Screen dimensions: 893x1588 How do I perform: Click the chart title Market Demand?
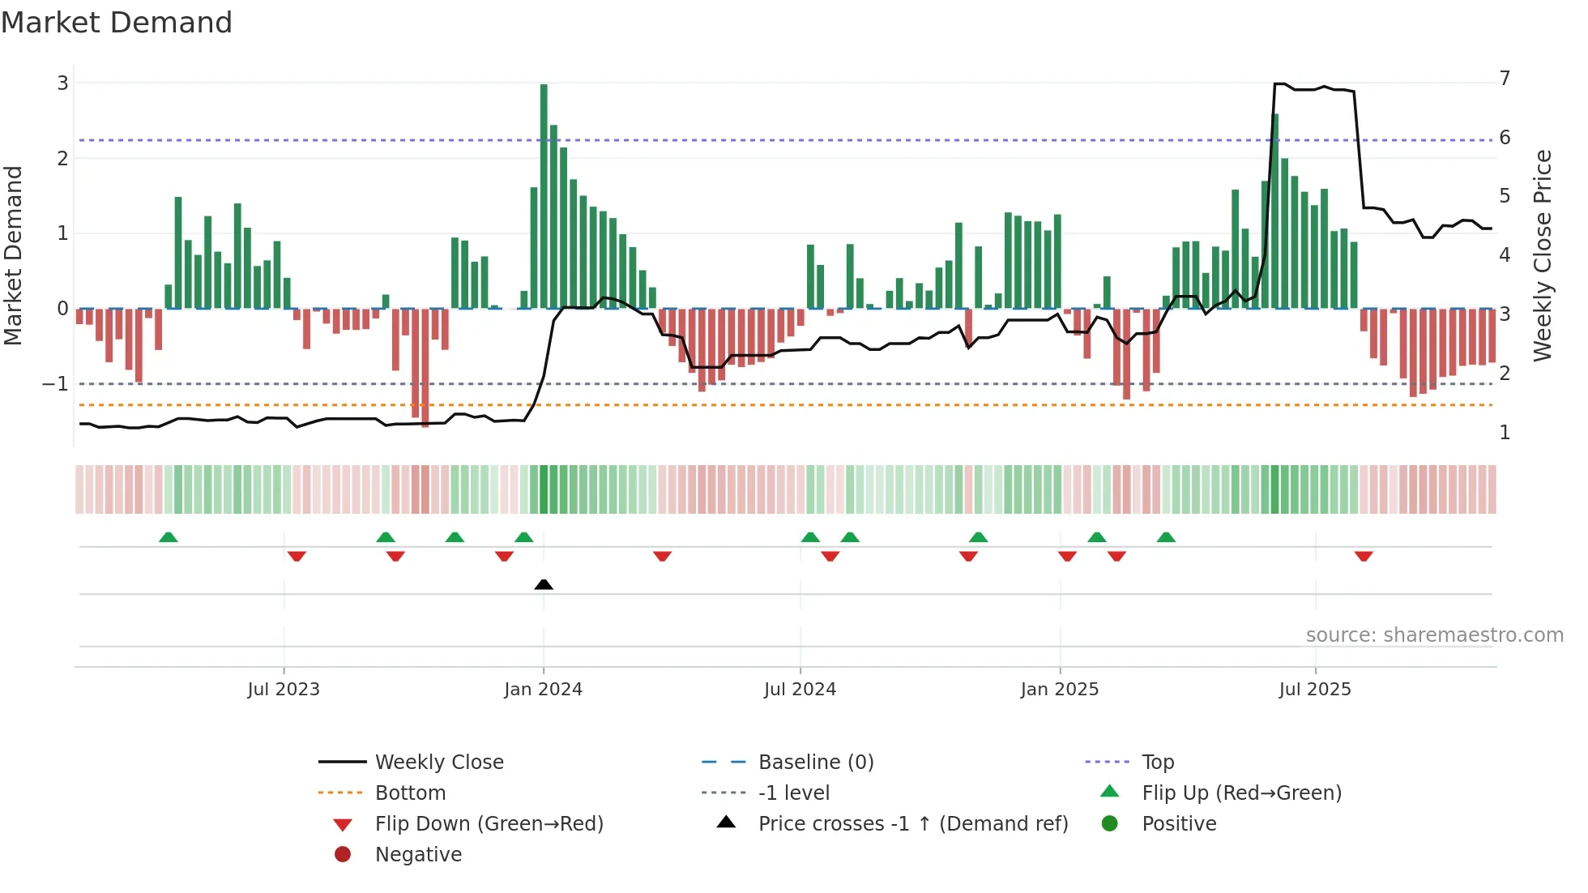pos(117,23)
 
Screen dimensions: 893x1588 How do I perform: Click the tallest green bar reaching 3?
pos(544,194)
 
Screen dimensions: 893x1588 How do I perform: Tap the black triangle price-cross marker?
pos(544,584)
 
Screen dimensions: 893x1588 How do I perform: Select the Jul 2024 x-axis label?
pos(800,690)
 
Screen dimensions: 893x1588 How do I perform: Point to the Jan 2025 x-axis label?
pos(1059,690)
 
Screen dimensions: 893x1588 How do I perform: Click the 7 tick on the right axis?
pos(1505,79)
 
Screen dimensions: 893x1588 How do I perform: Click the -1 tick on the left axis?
pos(55,384)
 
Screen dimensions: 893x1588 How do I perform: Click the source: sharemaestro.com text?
pos(1434,635)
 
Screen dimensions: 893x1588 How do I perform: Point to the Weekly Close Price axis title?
pos(1543,255)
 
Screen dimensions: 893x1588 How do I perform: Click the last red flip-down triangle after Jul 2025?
pos(1364,557)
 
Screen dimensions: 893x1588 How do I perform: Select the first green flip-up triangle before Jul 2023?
pos(168,537)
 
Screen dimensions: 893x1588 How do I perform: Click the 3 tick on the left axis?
pos(62,83)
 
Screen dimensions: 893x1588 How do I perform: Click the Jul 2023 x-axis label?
pos(284,690)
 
